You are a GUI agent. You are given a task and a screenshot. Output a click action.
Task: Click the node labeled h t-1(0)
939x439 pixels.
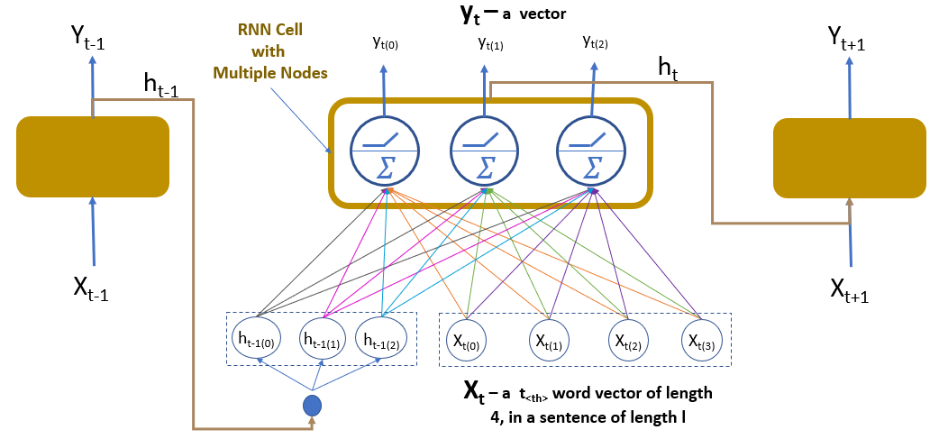tap(258, 338)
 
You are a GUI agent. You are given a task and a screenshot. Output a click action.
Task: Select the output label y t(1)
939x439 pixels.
tap(490, 42)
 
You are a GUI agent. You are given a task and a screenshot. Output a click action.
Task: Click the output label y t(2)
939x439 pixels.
tap(593, 42)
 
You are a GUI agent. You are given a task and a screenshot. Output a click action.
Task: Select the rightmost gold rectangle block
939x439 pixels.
tap(850, 157)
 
